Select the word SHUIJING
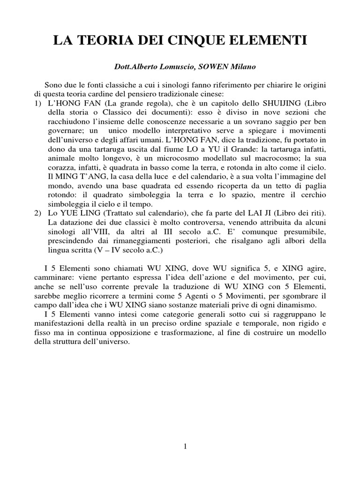click(x=283, y=103)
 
